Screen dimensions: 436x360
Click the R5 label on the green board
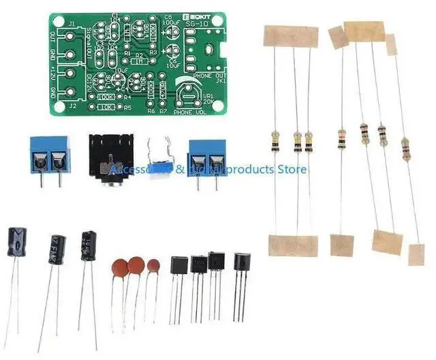pos(127,107)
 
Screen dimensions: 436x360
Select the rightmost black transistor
pos(242,265)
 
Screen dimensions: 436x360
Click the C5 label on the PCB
pos(168,16)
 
